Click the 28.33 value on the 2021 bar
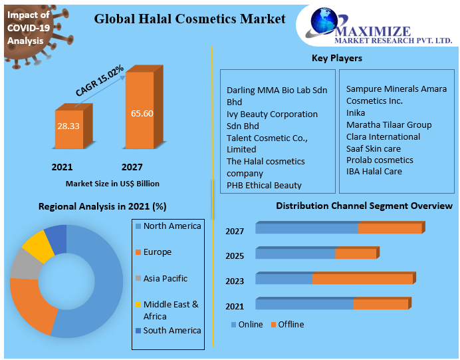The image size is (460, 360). (68, 126)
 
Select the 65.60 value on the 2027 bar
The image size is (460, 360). (142, 113)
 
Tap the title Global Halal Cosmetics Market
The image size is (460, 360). (189, 19)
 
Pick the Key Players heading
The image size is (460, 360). (336, 59)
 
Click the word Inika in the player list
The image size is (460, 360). (356, 112)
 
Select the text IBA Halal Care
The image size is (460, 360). (374, 171)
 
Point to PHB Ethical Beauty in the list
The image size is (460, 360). (264, 185)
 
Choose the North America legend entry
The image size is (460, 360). (172, 226)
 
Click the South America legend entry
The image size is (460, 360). (172, 330)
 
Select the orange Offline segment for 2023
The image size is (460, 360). (362, 278)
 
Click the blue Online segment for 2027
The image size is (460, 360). (306, 228)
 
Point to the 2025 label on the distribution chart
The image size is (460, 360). (235, 256)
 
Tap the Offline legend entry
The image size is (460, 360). (290, 324)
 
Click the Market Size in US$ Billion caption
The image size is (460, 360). (112, 183)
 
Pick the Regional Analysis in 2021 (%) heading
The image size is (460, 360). (102, 206)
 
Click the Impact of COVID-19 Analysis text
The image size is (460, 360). (28, 28)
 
